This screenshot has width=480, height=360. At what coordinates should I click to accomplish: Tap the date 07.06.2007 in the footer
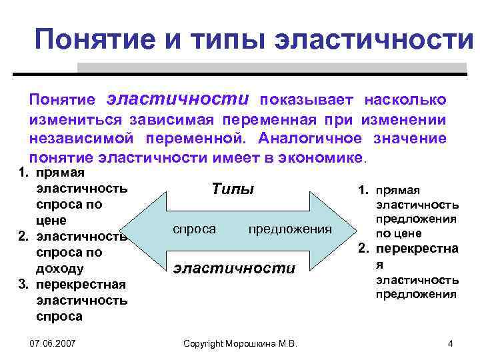[x=53, y=343]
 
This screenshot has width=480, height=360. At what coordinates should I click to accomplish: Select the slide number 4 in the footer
[x=451, y=343]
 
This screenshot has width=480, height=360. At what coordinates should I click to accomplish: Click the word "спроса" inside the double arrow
[x=194, y=229]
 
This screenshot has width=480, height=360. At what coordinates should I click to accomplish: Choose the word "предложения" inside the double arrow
[x=289, y=229]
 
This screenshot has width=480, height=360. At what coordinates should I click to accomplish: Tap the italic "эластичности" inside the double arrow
[x=233, y=268]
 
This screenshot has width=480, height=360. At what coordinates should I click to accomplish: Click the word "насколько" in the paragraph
[x=405, y=100]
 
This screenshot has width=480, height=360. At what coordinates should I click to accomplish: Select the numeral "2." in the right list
[x=365, y=249]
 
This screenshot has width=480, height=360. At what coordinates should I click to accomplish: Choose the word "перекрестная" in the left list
[x=81, y=285]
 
